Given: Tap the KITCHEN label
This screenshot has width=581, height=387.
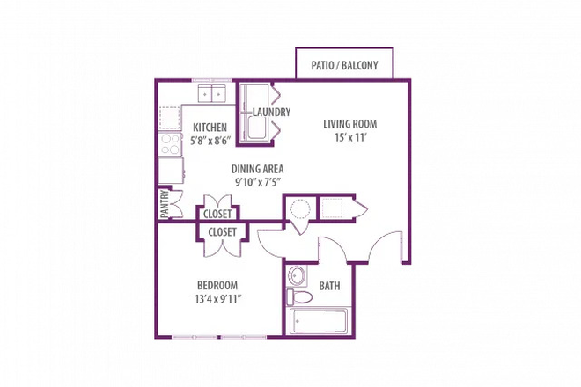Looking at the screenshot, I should [x=210, y=128].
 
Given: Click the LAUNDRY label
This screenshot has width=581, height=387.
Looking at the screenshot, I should [x=271, y=113].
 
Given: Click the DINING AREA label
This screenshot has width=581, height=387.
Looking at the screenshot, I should [x=257, y=170].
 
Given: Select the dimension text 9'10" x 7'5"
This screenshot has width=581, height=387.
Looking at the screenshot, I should [x=257, y=183].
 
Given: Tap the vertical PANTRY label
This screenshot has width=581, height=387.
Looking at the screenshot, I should [x=164, y=205].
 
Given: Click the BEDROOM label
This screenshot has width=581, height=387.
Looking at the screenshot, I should [x=217, y=286].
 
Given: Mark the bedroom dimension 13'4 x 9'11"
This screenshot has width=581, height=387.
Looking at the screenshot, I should [x=217, y=299].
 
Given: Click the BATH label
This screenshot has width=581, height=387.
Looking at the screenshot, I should [x=329, y=286].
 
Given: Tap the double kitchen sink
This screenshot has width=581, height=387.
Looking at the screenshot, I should [x=211, y=92].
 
